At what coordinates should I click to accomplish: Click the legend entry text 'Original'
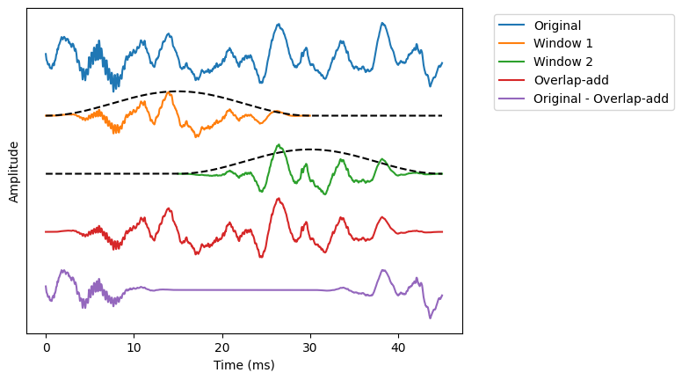[x=557, y=25]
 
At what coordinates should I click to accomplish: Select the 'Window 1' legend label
[x=563, y=43]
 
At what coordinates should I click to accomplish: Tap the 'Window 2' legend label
[x=563, y=62]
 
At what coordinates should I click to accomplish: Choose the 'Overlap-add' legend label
[x=570, y=80]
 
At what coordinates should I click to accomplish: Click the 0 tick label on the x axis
[x=46, y=347]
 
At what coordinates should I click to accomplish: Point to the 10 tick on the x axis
[x=134, y=347]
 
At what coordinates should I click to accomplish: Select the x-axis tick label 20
[x=222, y=347]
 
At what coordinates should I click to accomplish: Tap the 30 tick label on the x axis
[x=310, y=347]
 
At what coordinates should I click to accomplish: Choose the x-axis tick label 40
[x=398, y=347]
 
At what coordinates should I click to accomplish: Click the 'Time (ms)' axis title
[x=243, y=365]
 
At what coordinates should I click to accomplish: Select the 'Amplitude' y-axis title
[x=14, y=171]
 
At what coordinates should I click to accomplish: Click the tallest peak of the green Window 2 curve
[x=279, y=145]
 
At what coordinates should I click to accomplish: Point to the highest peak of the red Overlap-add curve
[x=279, y=199]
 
